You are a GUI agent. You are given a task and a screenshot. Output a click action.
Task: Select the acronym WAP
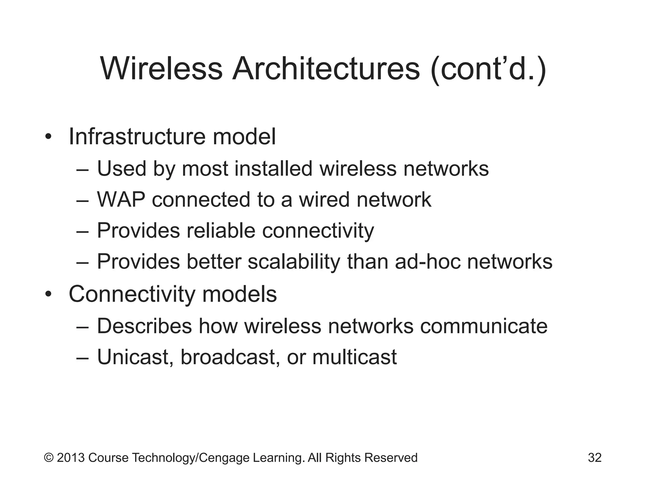pos(121,199)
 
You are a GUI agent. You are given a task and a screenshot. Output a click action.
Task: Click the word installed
pos(273,168)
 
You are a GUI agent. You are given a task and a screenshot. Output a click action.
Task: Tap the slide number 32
pos(595,458)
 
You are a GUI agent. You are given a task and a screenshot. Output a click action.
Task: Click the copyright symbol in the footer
pos(49,458)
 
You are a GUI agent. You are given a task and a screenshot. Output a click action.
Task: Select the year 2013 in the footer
pos(71,458)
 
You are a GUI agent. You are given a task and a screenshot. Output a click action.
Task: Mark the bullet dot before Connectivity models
pos(48,295)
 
